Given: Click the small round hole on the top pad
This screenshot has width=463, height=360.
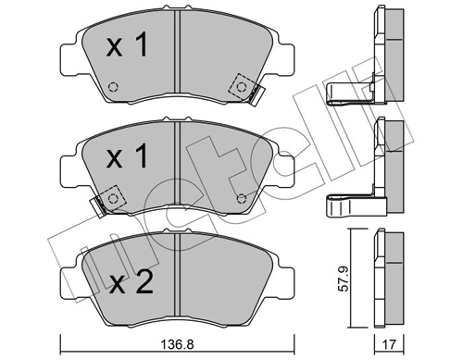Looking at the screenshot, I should coord(114,89).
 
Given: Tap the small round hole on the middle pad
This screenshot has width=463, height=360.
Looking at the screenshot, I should coord(244,195).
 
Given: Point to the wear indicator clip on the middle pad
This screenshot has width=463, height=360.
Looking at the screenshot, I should coord(95,206).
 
